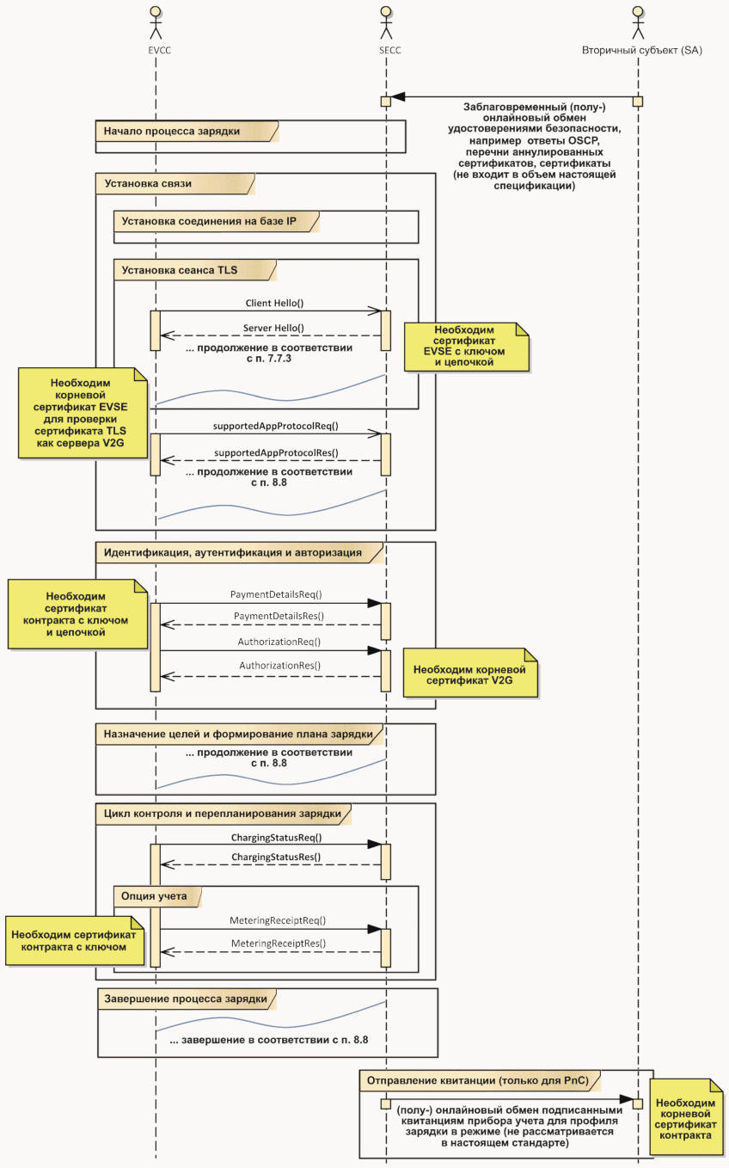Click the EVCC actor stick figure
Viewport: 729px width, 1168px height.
click(x=156, y=23)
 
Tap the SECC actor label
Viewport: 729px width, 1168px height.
click(x=390, y=51)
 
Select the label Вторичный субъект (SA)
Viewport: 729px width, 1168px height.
click(x=641, y=51)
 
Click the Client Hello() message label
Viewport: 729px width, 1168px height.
click(x=274, y=303)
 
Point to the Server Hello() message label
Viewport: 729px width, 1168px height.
click(x=273, y=328)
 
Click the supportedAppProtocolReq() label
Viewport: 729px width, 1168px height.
click(x=276, y=426)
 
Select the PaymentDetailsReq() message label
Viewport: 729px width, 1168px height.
click(x=276, y=594)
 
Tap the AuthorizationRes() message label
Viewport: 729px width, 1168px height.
click(x=280, y=666)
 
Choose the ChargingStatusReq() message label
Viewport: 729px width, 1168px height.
click(x=276, y=838)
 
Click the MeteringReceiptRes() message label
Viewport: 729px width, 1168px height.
click(x=279, y=944)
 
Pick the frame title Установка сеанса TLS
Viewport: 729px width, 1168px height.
click(x=180, y=270)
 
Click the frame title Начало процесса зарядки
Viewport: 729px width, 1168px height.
click(x=171, y=132)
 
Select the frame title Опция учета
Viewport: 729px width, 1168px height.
click(x=154, y=896)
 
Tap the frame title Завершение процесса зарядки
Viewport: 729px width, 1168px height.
click(x=186, y=999)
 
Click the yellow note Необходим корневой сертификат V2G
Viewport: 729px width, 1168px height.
click(x=470, y=673)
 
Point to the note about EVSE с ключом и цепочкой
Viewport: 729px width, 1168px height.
click(x=467, y=347)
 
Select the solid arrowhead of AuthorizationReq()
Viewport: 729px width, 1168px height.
click(x=374, y=651)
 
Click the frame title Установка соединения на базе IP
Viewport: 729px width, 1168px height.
click(x=209, y=221)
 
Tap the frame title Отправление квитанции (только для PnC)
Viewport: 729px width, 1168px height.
click(x=478, y=1080)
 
